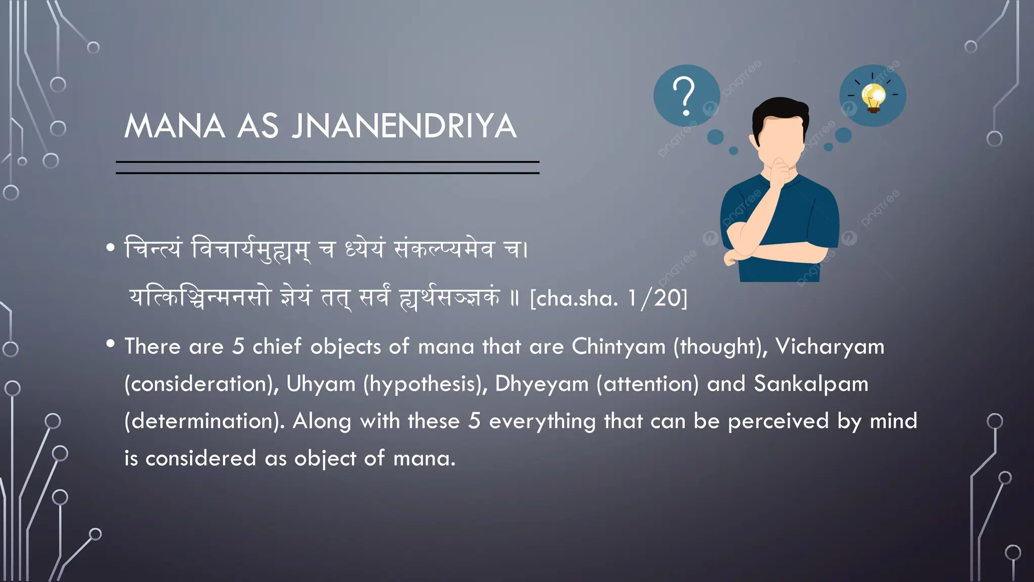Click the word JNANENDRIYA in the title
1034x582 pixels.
point(404,126)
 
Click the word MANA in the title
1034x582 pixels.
point(175,126)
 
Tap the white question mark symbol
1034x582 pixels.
point(685,96)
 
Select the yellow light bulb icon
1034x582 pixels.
point(873,96)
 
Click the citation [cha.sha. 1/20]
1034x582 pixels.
point(608,298)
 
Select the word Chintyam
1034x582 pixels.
point(618,347)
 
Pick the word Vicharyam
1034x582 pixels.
point(830,347)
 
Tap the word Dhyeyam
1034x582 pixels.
point(542,384)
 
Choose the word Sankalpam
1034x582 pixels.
point(811,384)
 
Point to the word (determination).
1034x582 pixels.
point(204,421)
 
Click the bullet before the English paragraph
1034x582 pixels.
point(111,344)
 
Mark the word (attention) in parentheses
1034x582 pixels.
point(648,384)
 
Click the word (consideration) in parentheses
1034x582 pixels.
point(201,384)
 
